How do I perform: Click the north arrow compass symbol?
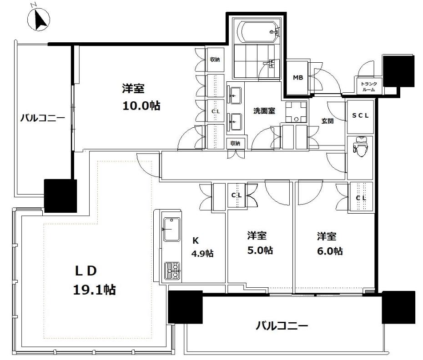click(x=39, y=19)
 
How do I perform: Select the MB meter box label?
click(x=298, y=78)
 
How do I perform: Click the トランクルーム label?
click(x=369, y=86)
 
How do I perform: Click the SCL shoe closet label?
click(x=360, y=115)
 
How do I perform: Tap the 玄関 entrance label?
click(x=327, y=121)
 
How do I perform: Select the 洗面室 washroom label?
click(x=264, y=111)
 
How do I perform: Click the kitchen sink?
click(x=171, y=229)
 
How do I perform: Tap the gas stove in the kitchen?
click(x=172, y=271)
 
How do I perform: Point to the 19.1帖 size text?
click(x=95, y=290)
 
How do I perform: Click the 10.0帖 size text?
click(x=141, y=105)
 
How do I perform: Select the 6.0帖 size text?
click(x=330, y=251)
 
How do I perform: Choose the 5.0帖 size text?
click(x=260, y=250)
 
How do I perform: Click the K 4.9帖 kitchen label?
click(x=202, y=247)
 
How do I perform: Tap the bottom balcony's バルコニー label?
click(x=282, y=326)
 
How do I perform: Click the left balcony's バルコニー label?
click(x=43, y=118)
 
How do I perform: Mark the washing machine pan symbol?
click(x=296, y=112)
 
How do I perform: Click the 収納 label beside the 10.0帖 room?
click(x=215, y=60)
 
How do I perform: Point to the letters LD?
click(x=86, y=271)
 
